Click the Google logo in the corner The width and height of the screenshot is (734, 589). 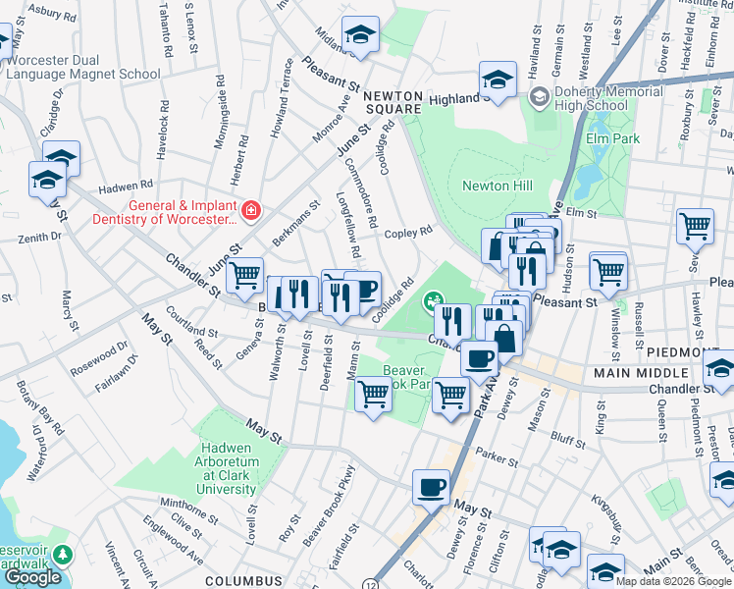[32, 577]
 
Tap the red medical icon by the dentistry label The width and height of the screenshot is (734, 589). [251, 211]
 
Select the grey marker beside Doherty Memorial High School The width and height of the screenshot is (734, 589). [538, 97]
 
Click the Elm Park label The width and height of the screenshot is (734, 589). [613, 138]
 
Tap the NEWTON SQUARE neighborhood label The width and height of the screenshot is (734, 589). [393, 102]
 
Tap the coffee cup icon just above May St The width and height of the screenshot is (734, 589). [431, 486]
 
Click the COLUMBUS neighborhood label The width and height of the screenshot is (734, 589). [245, 581]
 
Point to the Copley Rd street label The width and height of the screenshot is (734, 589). [408, 233]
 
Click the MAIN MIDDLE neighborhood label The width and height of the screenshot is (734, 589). [633, 374]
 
